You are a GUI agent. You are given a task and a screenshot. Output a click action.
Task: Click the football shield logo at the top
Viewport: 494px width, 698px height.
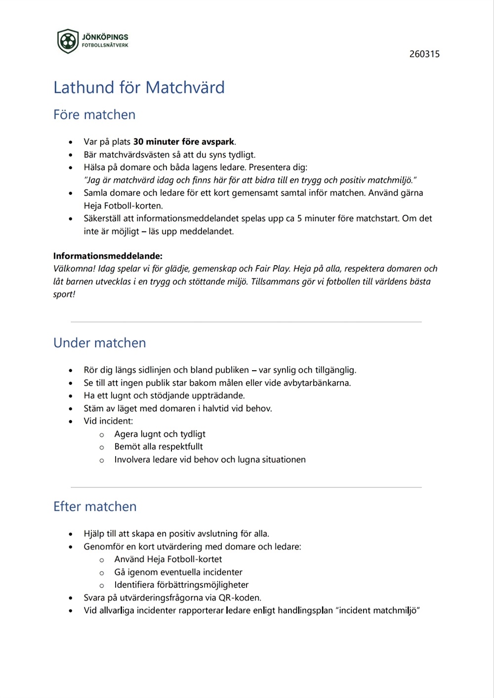point(68,41)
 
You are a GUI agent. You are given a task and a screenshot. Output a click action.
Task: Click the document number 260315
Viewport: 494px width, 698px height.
point(424,54)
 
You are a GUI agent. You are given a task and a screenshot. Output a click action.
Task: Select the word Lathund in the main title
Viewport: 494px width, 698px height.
point(83,88)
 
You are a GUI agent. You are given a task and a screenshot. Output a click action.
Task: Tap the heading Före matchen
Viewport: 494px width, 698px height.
point(94,115)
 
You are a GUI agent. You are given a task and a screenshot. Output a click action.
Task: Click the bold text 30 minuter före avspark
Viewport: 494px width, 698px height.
point(184,142)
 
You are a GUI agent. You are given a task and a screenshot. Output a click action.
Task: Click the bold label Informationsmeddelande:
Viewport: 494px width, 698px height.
point(108,256)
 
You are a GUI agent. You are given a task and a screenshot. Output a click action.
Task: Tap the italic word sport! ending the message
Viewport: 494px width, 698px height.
point(64,295)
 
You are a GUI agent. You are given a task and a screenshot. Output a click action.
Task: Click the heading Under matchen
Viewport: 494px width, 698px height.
point(100,343)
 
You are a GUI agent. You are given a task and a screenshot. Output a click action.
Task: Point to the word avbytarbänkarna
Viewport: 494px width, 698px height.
point(317,383)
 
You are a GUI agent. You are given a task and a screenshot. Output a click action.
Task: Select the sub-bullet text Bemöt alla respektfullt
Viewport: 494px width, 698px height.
point(159,447)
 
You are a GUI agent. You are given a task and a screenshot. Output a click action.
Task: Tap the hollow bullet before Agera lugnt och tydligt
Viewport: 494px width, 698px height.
point(102,435)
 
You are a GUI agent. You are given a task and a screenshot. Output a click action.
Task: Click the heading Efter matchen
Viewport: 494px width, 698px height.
point(95,507)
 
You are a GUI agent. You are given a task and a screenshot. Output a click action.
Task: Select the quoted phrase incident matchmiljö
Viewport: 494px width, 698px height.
point(378,611)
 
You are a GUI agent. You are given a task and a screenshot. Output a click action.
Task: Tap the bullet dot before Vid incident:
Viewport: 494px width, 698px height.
point(71,422)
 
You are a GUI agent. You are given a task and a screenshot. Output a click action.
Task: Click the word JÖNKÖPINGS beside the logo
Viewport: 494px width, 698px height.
point(105,37)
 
